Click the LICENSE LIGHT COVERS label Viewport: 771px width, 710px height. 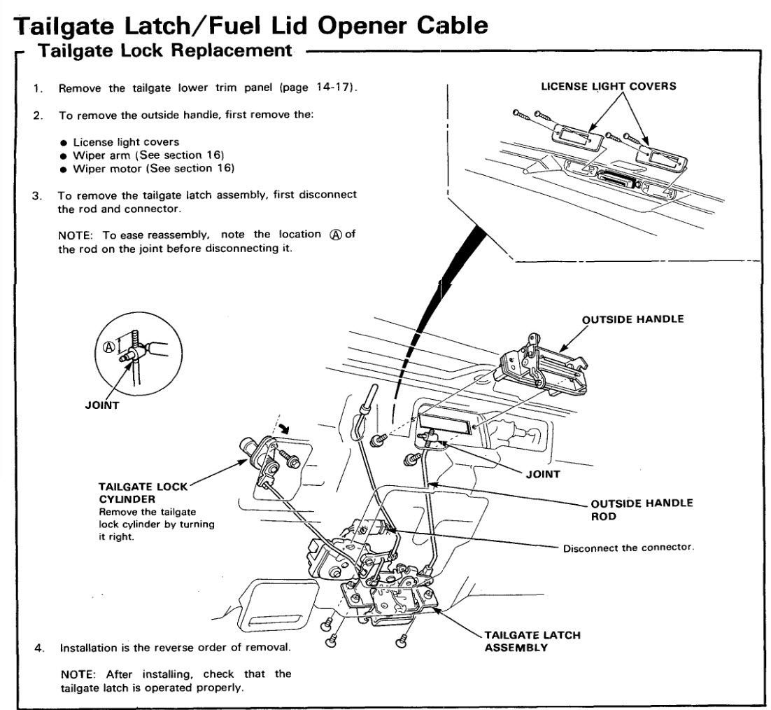tap(607, 86)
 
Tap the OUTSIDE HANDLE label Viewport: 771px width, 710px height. tap(632, 319)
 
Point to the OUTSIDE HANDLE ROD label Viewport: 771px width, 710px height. tap(642, 509)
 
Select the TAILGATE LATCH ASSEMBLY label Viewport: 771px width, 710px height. tap(532, 641)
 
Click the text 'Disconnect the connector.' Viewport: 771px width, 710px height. tap(628, 548)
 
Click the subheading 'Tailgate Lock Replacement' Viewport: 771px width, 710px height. tap(164, 50)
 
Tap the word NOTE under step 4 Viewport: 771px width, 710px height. tap(77, 674)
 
